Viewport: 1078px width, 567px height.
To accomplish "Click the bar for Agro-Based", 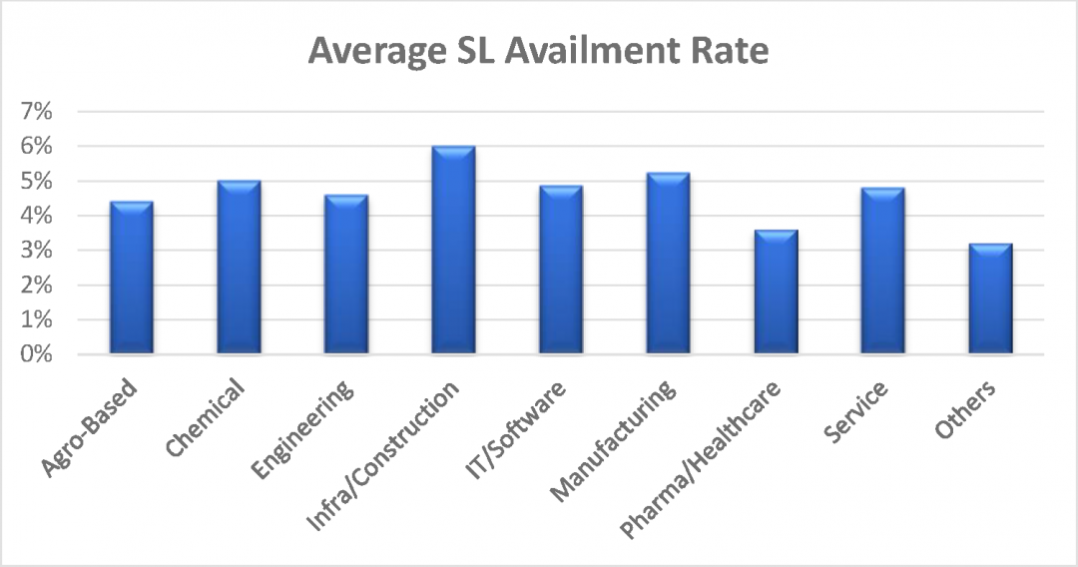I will [131, 279].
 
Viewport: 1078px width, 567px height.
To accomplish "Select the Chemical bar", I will [239, 268].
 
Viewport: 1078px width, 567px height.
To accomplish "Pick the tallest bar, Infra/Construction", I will [453, 251].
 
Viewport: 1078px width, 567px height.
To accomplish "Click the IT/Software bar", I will [560, 271].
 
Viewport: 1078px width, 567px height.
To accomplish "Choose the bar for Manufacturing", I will [668, 264].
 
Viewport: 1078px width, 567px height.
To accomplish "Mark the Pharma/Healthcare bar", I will [776, 292].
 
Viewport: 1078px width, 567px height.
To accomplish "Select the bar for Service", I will [882, 272].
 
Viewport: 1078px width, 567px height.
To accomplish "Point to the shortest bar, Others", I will [990, 299].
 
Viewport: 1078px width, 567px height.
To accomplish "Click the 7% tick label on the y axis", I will [36, 112].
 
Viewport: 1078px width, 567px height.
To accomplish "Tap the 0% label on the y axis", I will [36, 354].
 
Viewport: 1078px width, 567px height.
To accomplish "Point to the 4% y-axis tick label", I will [36, 216].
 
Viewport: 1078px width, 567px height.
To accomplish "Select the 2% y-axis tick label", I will [36, 285].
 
